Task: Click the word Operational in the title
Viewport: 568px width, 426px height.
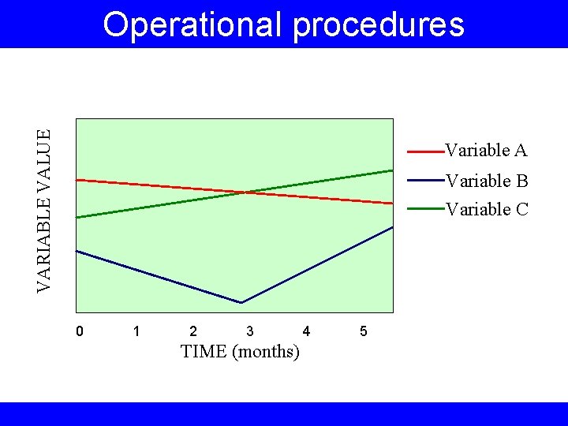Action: click(x=192, y=24)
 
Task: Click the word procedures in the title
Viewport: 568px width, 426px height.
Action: click(x=379, y=24)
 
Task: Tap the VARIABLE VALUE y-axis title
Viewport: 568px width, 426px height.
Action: click(x=47, y=211)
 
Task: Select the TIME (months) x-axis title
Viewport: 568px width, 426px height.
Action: click(x=240, y=352)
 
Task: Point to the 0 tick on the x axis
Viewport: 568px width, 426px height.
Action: click(x=79, y=331)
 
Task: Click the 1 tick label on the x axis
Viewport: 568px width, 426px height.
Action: click(x=136, y=331)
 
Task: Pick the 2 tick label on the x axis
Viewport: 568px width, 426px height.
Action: click(x=193, y=331)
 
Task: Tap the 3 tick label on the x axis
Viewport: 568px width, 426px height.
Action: click(x=250, y=331)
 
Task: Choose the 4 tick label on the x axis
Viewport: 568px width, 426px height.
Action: click(x=307, y=331)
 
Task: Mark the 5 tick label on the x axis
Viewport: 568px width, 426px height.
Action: click(x=364, y=331)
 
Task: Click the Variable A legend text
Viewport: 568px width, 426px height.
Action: click(x=486, y=150)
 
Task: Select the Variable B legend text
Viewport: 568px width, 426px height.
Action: click(x=486, y=181)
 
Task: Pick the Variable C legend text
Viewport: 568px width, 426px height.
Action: click(x=486, y=209)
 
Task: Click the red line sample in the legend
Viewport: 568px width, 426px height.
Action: click(x=424, y=150)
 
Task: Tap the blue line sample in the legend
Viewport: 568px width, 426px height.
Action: click(x=424, y=181)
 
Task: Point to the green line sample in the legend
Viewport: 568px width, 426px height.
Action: click(x=424, y=209)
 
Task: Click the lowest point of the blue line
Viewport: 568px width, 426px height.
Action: click(x=241, y=302)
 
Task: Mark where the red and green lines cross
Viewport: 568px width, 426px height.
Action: click(x=245, y=192)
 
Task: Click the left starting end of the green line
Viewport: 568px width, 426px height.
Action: click(x=77, y=217)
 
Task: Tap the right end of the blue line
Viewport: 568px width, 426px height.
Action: click(x=392, y=227)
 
